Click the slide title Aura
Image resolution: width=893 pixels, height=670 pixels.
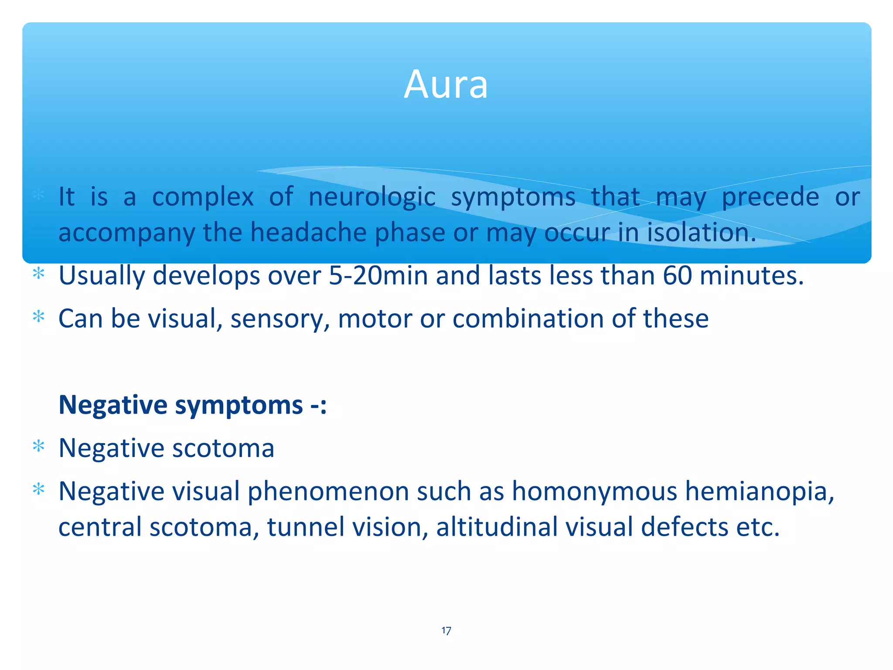[x=446, y=84]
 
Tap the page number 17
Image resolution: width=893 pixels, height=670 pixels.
[x=446, y=631]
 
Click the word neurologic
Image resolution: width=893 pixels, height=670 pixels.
[x=372, y=197]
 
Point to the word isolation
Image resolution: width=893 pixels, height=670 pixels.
[x=701, y=232]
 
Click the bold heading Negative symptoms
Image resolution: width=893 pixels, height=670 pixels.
[x=192, y=405]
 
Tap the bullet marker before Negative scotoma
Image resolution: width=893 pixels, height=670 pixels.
[x=39, y=447]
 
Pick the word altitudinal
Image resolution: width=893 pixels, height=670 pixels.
[x=497, y=527]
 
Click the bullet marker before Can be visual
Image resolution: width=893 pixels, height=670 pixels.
[x=39, y=317]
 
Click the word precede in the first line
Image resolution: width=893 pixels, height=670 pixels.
[x=770, y=197]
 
